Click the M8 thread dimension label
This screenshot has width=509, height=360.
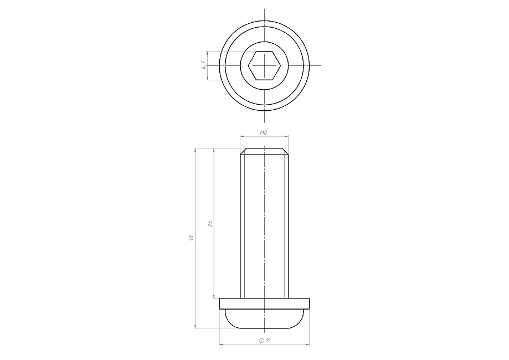263,132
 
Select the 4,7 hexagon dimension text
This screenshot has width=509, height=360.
203,65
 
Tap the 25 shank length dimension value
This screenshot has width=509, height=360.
210,223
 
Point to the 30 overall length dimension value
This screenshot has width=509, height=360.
191,238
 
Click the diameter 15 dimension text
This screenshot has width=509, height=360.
265,340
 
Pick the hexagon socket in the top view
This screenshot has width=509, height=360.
264,65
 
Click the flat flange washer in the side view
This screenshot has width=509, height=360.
264,303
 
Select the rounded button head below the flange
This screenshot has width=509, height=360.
264,318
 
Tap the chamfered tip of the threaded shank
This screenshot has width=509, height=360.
264,151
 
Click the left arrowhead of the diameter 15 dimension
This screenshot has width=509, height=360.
222,344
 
